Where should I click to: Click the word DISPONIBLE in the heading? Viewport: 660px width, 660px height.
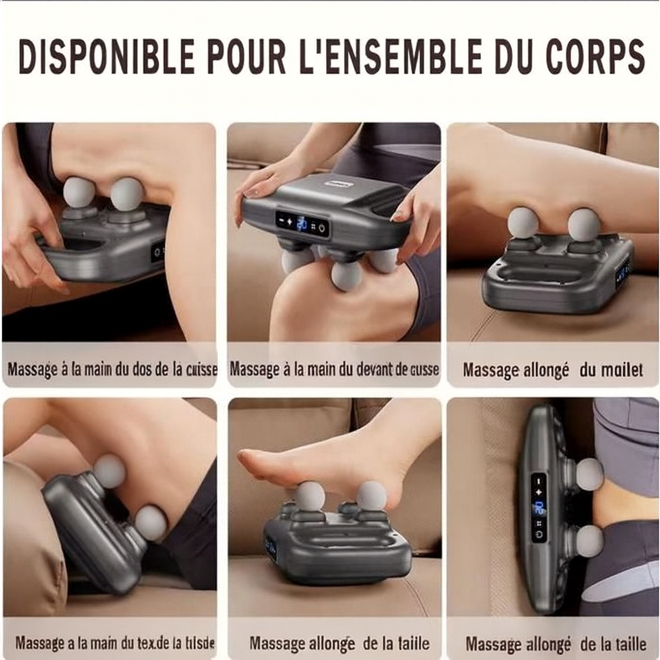[x=106, y=57]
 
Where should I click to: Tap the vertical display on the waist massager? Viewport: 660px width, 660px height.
[x=539, y=507]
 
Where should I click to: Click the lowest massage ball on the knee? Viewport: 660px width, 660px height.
[x=346, y=276]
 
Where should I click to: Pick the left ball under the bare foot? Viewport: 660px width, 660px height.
[x=310, y=496]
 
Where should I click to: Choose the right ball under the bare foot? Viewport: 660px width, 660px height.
[x=371, y=495]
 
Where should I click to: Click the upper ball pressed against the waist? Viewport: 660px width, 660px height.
[x=589, y=474]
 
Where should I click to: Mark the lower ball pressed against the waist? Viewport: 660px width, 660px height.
[x=589, y=540]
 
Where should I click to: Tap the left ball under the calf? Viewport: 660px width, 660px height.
[x=523, y=223]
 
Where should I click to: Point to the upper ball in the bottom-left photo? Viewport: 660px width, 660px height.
[x=110, y=471]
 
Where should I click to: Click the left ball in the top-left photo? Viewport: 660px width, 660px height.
[x=79, y=192]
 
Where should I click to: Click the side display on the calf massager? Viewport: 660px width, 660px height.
[x=623, y=273]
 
